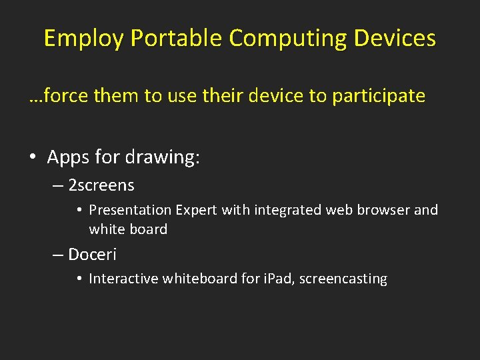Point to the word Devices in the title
tap(395, 39)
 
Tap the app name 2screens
tap(101, 185)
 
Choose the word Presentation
tap(130, 210)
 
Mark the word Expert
tap(197, 210)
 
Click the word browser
tap(383, 210)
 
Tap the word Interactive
tap(122, 279)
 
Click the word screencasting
tap(343, 279)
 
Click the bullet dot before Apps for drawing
tap(33, 158)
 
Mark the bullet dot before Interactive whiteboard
tap(79, 279)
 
